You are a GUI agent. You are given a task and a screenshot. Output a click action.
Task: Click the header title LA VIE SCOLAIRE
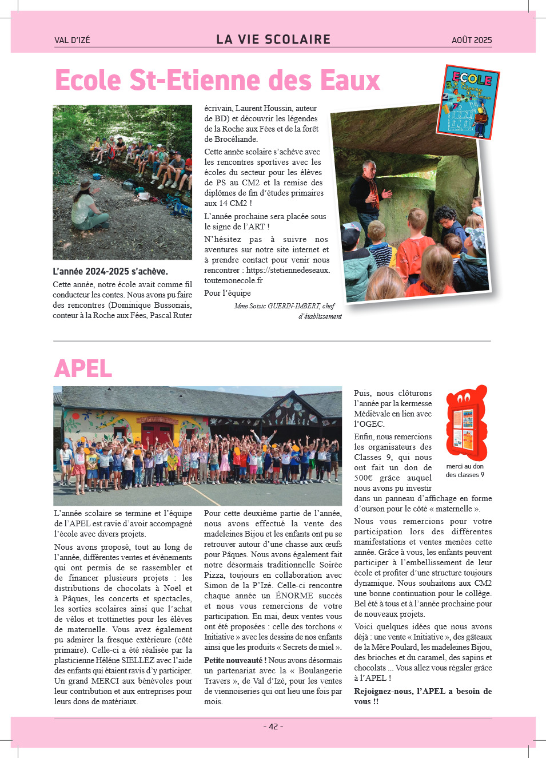point(273,39)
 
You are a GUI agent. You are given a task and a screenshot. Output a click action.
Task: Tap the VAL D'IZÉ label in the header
point(72,40)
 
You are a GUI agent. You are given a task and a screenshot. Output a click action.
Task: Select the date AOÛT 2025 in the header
point(472,40)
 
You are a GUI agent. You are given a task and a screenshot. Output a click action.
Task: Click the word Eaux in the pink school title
point(350,81)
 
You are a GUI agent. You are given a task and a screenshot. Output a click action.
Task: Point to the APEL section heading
point(83,368)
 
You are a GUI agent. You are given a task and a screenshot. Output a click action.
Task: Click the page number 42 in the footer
point(273,727)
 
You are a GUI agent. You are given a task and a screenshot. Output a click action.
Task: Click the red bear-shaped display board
point(467,423)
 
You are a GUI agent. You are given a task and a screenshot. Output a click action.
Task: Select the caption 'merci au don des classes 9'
point(465,470)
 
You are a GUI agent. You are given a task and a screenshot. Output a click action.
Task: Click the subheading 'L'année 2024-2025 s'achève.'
point(110,271)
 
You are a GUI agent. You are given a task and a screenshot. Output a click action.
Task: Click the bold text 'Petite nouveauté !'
point(235,660)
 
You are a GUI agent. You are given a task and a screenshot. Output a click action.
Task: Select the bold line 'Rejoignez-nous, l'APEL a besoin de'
point(423,691)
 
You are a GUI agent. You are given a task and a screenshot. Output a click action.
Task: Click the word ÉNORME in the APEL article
point(294,596)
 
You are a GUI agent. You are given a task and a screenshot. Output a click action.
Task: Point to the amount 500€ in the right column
point(363,478)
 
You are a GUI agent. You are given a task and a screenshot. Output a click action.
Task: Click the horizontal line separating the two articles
point(272,341)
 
